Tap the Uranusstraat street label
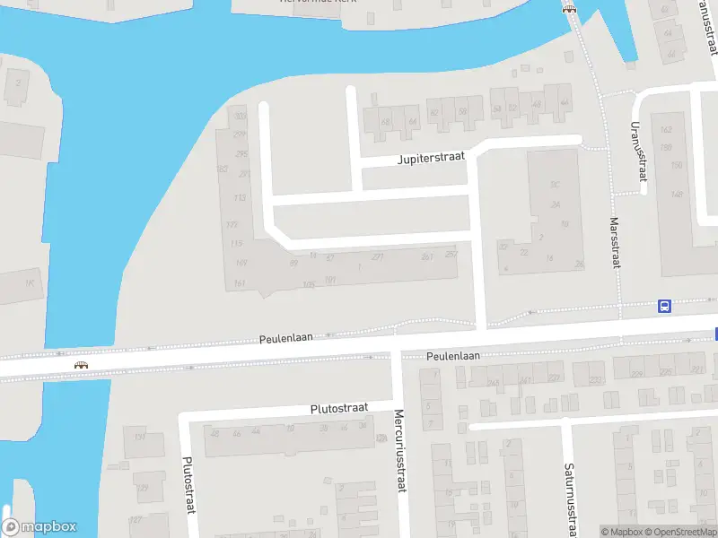click(639, 152)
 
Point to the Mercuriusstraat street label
click(400, 450)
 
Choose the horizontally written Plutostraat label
click(339, 408)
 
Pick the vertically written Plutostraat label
click(188, 485)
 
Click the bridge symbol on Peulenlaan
click(82, 365)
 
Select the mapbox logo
click(39, 527)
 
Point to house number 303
click(240, 116)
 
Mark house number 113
click(240, 197)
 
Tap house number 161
click(240, 283)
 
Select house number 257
click(451, 255)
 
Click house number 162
click(665, 130)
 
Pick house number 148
click(677, 195)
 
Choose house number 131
click(140, 438)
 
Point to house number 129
click(142, 488)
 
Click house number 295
click(241, 154)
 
